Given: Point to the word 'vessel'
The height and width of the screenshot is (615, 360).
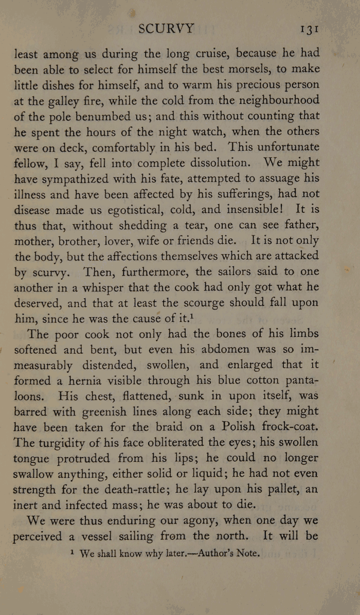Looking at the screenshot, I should pyautogui.click(x=94, y=536).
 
